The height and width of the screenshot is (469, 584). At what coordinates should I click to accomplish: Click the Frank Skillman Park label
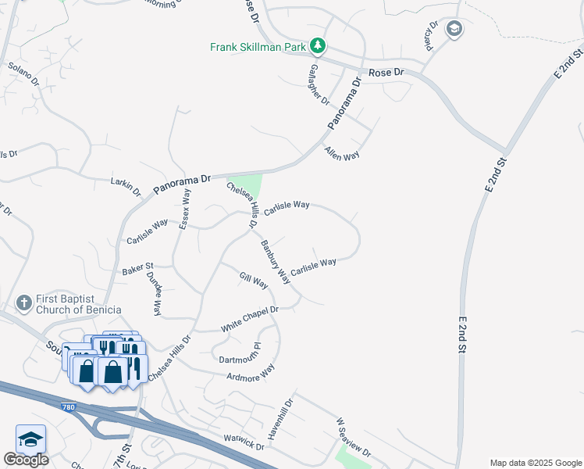[x=258, y=47]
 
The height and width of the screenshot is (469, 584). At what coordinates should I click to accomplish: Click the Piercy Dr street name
[x=429, y=38]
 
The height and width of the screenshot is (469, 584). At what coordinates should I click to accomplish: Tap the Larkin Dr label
[x=126, y=186]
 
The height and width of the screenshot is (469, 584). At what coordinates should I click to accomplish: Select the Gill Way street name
[x=254, y=279]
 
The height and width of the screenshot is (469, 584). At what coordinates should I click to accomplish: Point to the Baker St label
[x=137, y=270]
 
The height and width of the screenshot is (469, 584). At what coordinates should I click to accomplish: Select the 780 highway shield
[x=70, y=406]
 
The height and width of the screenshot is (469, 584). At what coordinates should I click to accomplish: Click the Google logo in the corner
[x=26, y=460]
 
